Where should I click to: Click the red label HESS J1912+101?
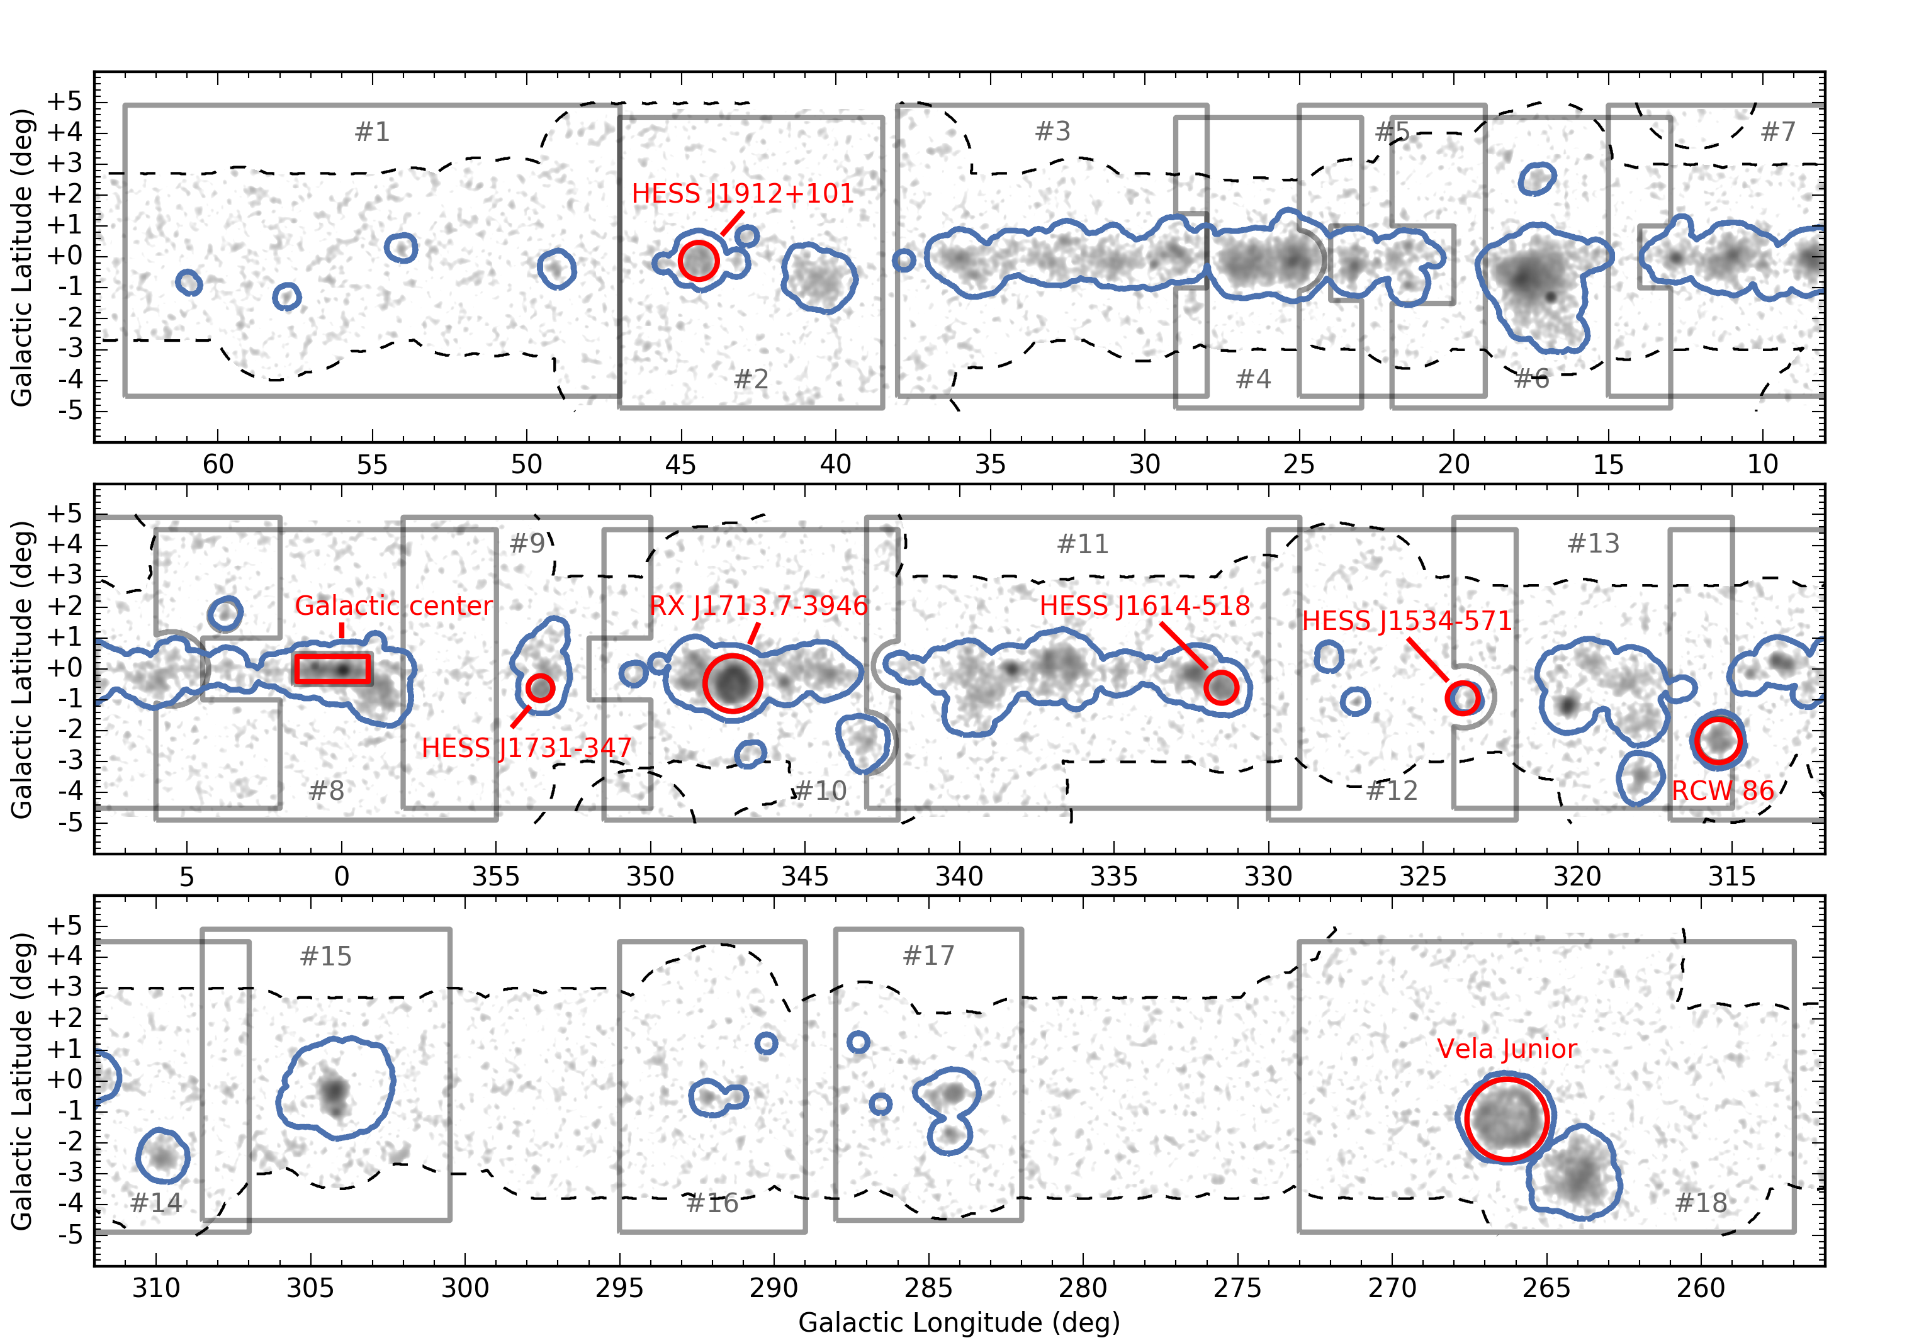[x=742, y=194]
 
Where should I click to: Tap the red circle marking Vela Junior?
[x=1507, y=1119]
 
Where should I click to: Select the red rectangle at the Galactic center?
[x=332, y=668]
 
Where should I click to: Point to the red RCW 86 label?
[x=1723, y=790]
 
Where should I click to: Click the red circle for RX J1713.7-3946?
[x=732, y=683]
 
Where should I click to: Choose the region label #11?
[x=1083, y=544]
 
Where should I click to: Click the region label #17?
[x=928, y=955]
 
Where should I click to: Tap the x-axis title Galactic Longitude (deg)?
[x=959, y=1322]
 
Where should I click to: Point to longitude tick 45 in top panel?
[x=680, y=464]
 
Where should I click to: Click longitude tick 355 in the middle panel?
[x=495, y=877]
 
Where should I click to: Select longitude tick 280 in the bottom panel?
[x=1083, y=1288]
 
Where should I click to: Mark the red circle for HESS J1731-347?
[x=541, y=688]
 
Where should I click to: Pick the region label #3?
[x=1052, y=131]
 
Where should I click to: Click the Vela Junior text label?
[x=1507, y=1049]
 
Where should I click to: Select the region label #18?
[x=1701, y=1203]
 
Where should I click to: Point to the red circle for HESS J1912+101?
[x=698, y=261]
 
